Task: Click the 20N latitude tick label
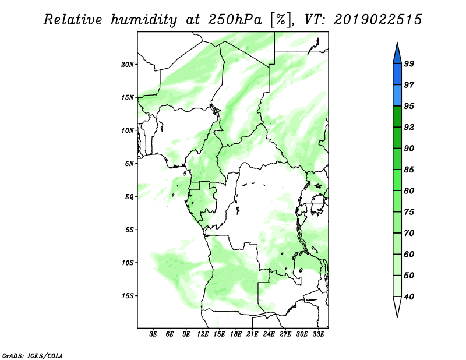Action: pyautogui.click(x=128, y=65)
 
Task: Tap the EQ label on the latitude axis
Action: pyautogui.click(x=129, y=197)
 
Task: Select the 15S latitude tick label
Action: pyautogui.click(x=128, y=296)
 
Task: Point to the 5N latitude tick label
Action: pyautogui.click(x=129, y=164)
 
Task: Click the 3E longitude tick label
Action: pyautogui.click(x=153, y=334)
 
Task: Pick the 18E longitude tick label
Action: pyautogui.click(x=236, y=334)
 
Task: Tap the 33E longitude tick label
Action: pyautogui.click(x=318, y=334)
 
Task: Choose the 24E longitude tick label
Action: pyautogui.click(x=269, y=334)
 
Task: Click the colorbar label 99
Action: pyautogui.click(x=409, y=63)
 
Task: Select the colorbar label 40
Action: pyautogui.click(x=409, y=297)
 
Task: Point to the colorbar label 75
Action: pyautogui.click(x=409, y=212)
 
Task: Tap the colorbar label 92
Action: pyautogui.click(x=409, y=127)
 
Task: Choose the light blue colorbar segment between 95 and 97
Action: pyautogui.click(x=397, y=96)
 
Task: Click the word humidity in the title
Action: pyautogui.click(x=144, y=20)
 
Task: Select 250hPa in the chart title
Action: pyautogui.click(x=235, y=20)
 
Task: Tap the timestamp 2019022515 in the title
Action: pyautogui.click(x=377, y=20)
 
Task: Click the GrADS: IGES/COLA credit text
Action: pyautogui.click(x=33, y=355)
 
